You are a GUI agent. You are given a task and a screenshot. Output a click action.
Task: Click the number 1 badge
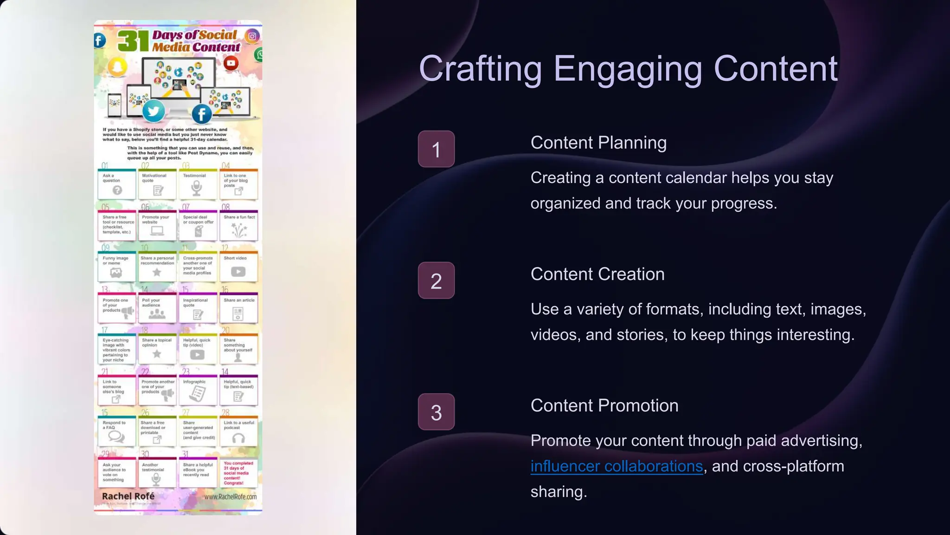coord(436,149)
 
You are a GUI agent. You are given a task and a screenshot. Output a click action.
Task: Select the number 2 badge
coord(436,281)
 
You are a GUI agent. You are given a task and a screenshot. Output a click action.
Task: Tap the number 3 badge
coord(436,412)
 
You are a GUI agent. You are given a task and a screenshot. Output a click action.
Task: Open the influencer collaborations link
coord(616,466)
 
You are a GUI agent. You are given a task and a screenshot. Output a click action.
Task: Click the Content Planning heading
coord(598,143)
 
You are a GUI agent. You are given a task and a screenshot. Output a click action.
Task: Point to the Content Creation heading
coord(597,274)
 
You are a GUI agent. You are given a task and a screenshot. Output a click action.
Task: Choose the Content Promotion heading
coord(604,405)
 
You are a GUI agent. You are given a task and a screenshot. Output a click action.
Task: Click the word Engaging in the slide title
coord(628,68)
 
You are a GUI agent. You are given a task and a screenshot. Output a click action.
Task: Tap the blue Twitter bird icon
coord(154,111)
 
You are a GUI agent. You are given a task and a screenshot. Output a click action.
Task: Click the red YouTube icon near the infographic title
coord(231,63)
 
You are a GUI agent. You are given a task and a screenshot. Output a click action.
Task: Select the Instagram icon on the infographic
coord(252,36)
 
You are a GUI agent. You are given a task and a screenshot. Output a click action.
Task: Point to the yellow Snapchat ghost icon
coord(117,67)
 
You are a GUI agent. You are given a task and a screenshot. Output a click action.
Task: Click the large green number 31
coord(133,41)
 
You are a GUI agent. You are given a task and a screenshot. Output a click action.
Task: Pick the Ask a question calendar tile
coord(117,184)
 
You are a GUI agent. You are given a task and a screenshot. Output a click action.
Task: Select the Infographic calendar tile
coord(198,390)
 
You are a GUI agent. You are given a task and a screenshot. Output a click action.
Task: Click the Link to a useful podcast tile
coord(238,431)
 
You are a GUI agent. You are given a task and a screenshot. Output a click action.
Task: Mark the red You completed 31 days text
coord(238,473)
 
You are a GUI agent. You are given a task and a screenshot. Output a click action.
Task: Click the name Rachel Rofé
coord(128,496)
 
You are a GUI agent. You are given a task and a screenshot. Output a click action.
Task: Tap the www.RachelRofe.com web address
coord(230,496)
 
